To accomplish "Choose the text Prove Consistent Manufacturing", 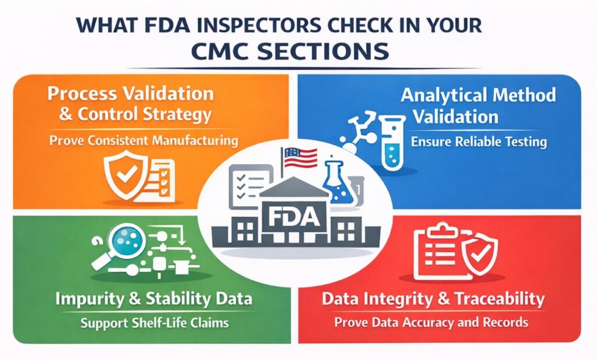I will click(143, 140).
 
